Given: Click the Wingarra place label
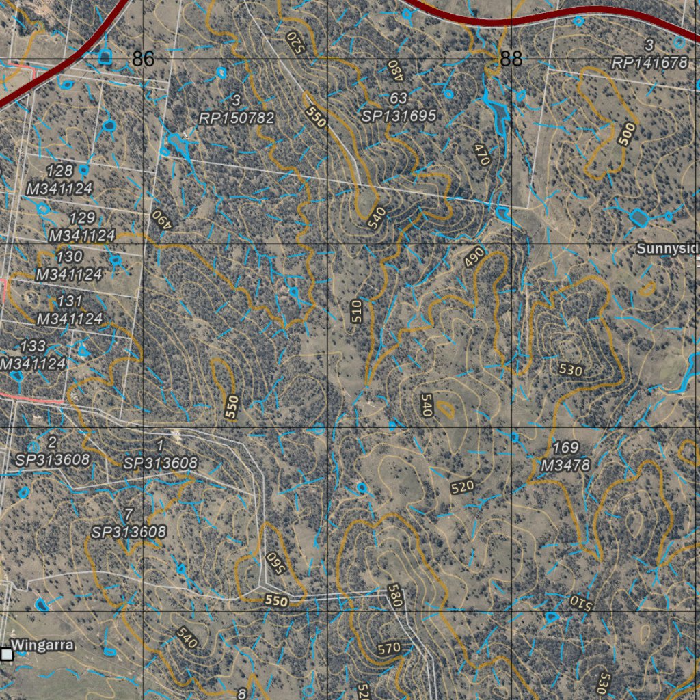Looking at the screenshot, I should point(42,645).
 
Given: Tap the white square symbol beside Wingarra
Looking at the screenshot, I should point(7,655).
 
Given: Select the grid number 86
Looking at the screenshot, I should point(144,59).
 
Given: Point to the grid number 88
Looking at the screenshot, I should point(511,59).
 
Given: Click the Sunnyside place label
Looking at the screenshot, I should point(667,249).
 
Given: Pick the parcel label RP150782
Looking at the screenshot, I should point(237,118).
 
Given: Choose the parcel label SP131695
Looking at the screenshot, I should point(399,116).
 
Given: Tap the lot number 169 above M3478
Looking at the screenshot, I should point(565,448).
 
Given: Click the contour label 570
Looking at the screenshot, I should point(388,648).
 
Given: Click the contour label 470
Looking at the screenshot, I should point(482,154).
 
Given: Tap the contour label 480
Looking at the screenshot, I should point(393,69).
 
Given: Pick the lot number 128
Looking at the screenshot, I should point(60,171).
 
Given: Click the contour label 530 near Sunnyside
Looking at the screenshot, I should point(570,371).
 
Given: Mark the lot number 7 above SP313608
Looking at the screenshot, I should point(130,514).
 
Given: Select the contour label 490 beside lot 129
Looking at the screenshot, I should point(159,219).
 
